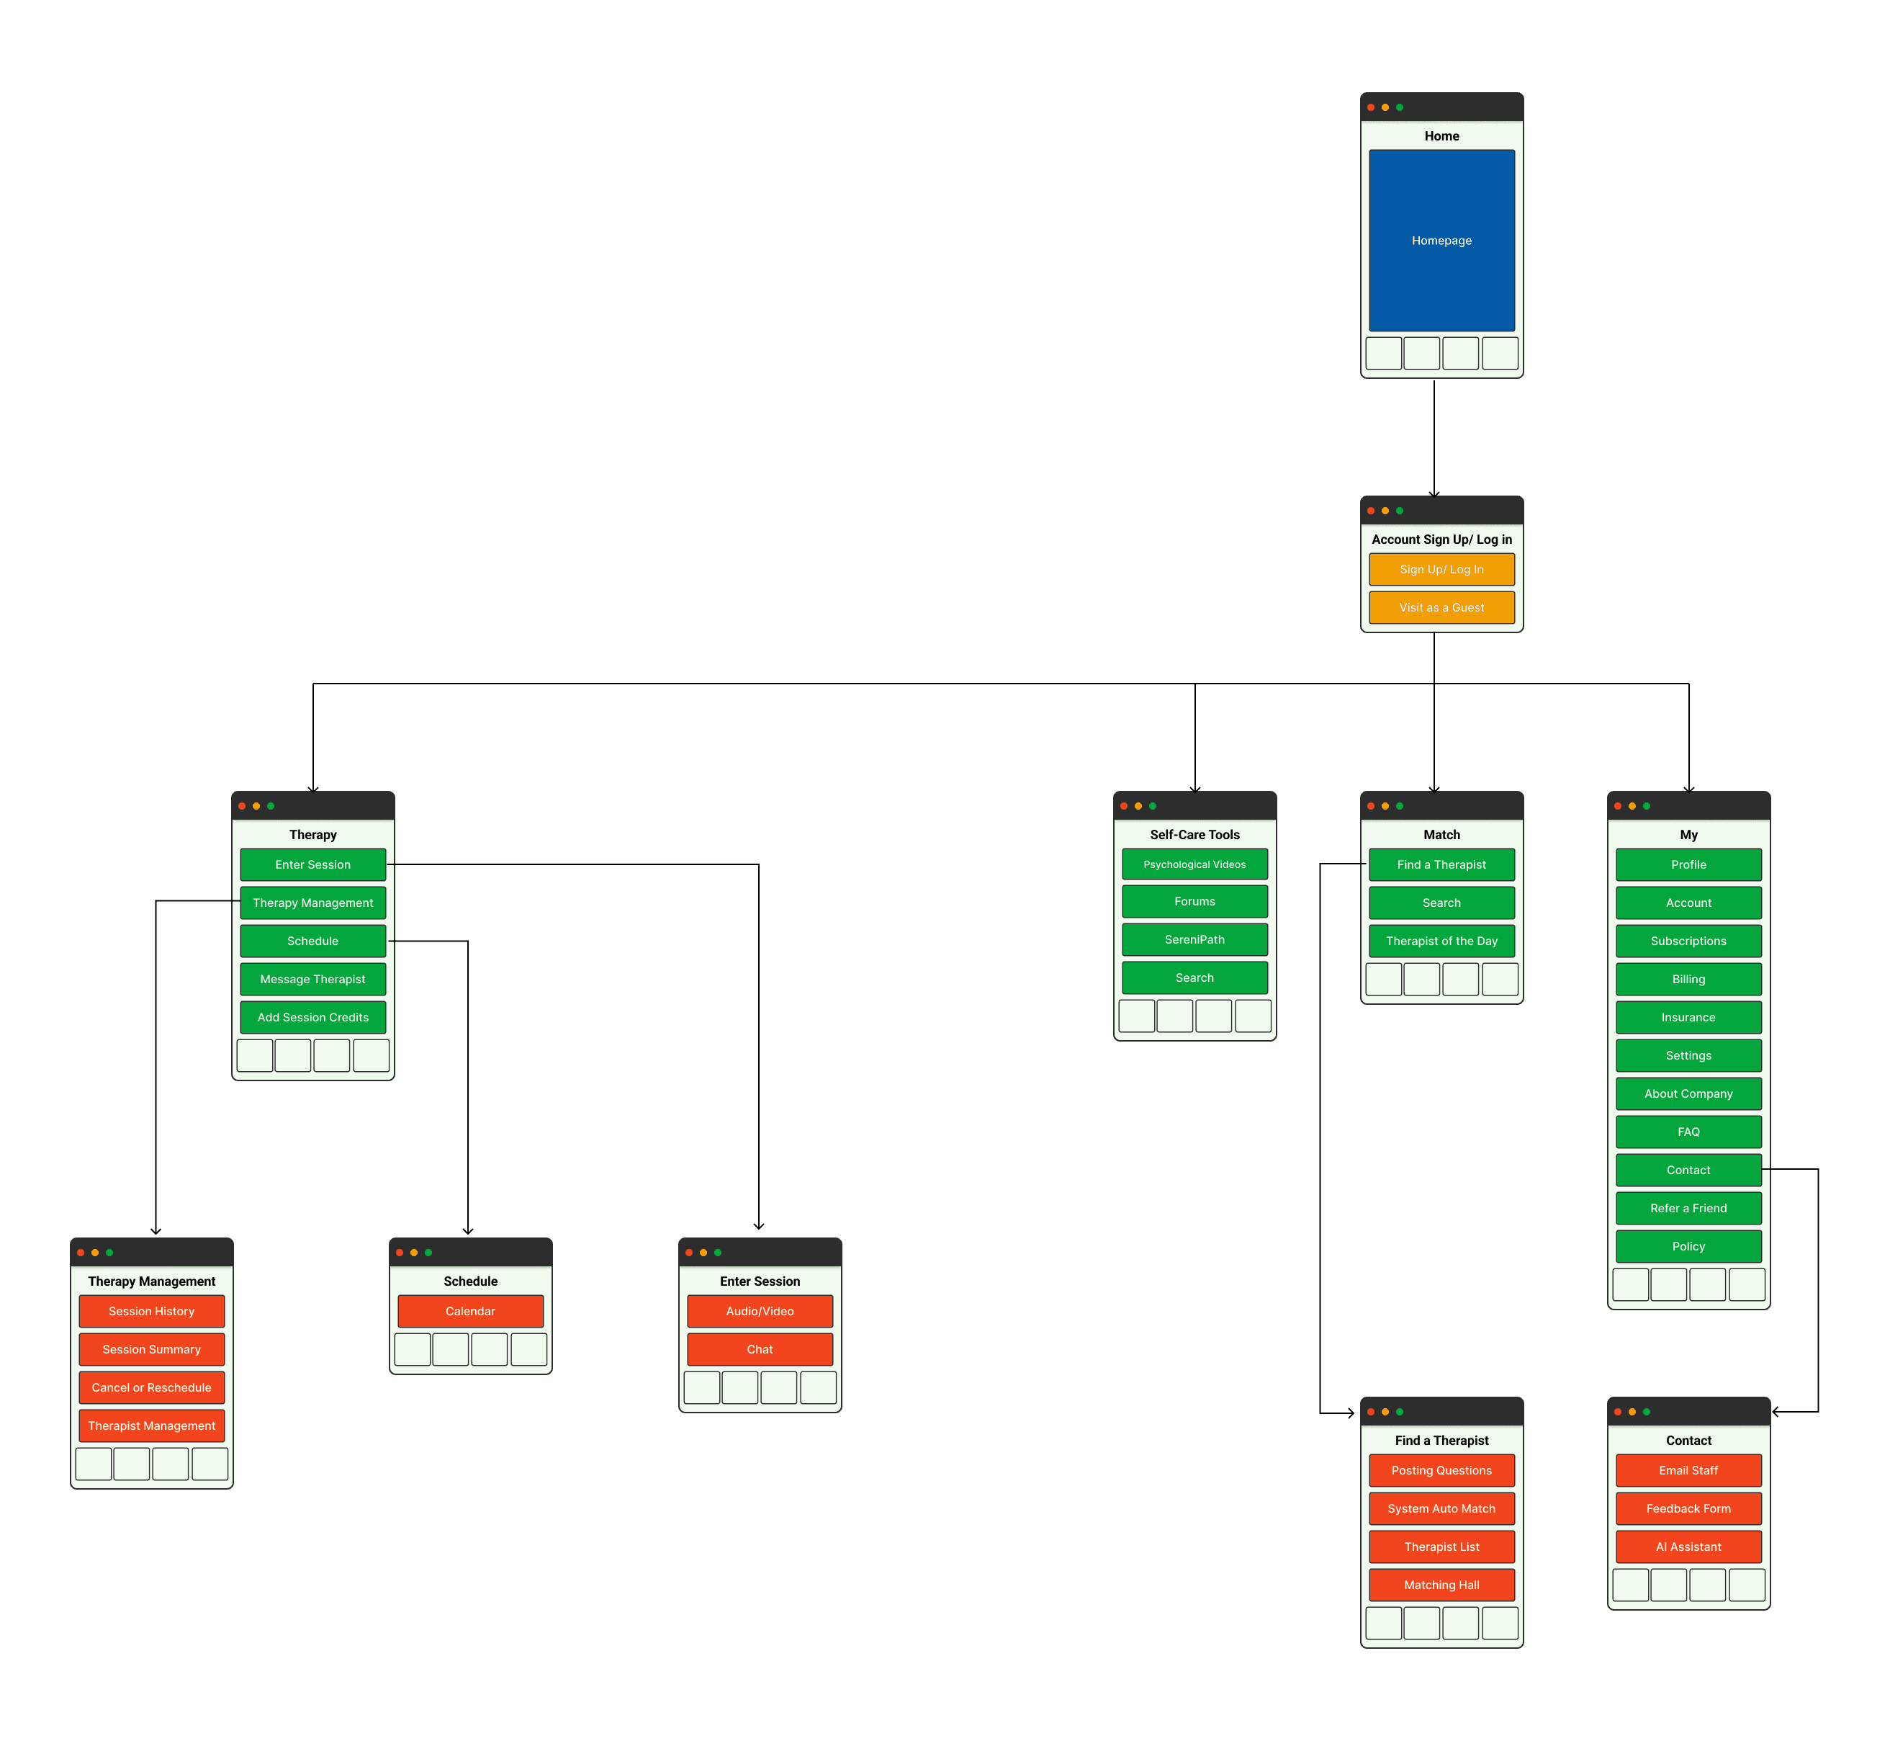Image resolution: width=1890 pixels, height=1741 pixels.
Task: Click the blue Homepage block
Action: coord(1441,241)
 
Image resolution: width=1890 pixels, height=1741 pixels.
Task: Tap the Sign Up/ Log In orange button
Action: coord(1441,569)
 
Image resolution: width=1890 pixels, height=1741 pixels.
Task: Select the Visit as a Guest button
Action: coord(1441,608)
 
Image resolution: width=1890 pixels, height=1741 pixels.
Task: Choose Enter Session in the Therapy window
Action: coord(312,864)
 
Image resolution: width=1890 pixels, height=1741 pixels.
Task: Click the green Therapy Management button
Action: coord(312,903)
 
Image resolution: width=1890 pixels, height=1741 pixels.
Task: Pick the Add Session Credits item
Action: coord(312,1018)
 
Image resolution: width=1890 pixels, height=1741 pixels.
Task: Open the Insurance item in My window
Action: coord(1688,1018)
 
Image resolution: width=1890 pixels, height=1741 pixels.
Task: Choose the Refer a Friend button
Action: coord(1688,1208)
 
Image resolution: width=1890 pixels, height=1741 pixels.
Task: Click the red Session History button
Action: coord(152,1310)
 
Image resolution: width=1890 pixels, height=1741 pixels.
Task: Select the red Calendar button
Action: coord(470,1310)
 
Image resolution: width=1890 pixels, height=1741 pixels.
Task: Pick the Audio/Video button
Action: coord(759,1310)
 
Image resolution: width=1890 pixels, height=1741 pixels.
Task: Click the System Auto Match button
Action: coord(1441,1508)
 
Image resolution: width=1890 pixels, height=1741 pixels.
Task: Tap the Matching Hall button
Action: coord(1441,1585)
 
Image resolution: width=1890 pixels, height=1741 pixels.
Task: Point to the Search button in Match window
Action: coord(1441,903)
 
